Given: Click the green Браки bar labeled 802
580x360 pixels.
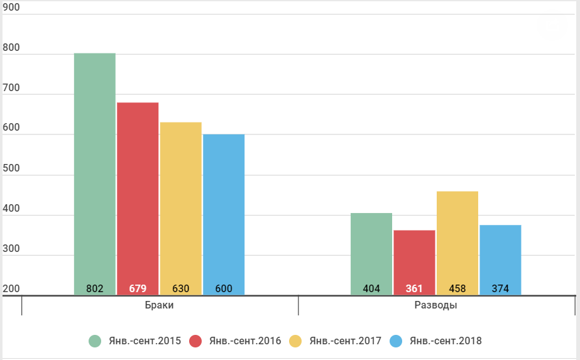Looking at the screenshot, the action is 95,174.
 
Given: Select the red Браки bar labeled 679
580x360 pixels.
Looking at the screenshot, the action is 138,199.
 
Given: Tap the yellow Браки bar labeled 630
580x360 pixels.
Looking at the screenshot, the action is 181,209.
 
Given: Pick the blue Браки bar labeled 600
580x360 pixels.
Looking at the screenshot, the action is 224,215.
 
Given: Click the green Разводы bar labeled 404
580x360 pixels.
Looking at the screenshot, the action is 371,254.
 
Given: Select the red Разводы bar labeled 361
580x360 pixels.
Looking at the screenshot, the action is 414,263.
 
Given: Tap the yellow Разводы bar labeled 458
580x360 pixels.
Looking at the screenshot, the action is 457,243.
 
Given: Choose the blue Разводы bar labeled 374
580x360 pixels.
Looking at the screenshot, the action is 500,260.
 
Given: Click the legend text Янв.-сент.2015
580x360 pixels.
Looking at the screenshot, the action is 145,341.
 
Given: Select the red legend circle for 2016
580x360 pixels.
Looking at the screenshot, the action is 195,341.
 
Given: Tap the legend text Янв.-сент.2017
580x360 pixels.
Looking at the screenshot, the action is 346,341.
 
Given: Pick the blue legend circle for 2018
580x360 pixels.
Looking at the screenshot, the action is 396,341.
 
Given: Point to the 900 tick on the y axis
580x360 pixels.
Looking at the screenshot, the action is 11,8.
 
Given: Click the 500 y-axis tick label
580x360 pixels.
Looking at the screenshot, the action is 11,168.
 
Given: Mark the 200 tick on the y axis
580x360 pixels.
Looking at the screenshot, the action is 11,288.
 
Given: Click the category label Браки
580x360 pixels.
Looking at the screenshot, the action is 159,305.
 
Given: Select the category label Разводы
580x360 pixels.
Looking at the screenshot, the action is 435,305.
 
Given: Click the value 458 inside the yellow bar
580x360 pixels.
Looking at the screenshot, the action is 457,288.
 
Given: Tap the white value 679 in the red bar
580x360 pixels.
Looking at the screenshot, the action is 138,288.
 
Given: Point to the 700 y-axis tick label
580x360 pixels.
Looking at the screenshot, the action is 11,88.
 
